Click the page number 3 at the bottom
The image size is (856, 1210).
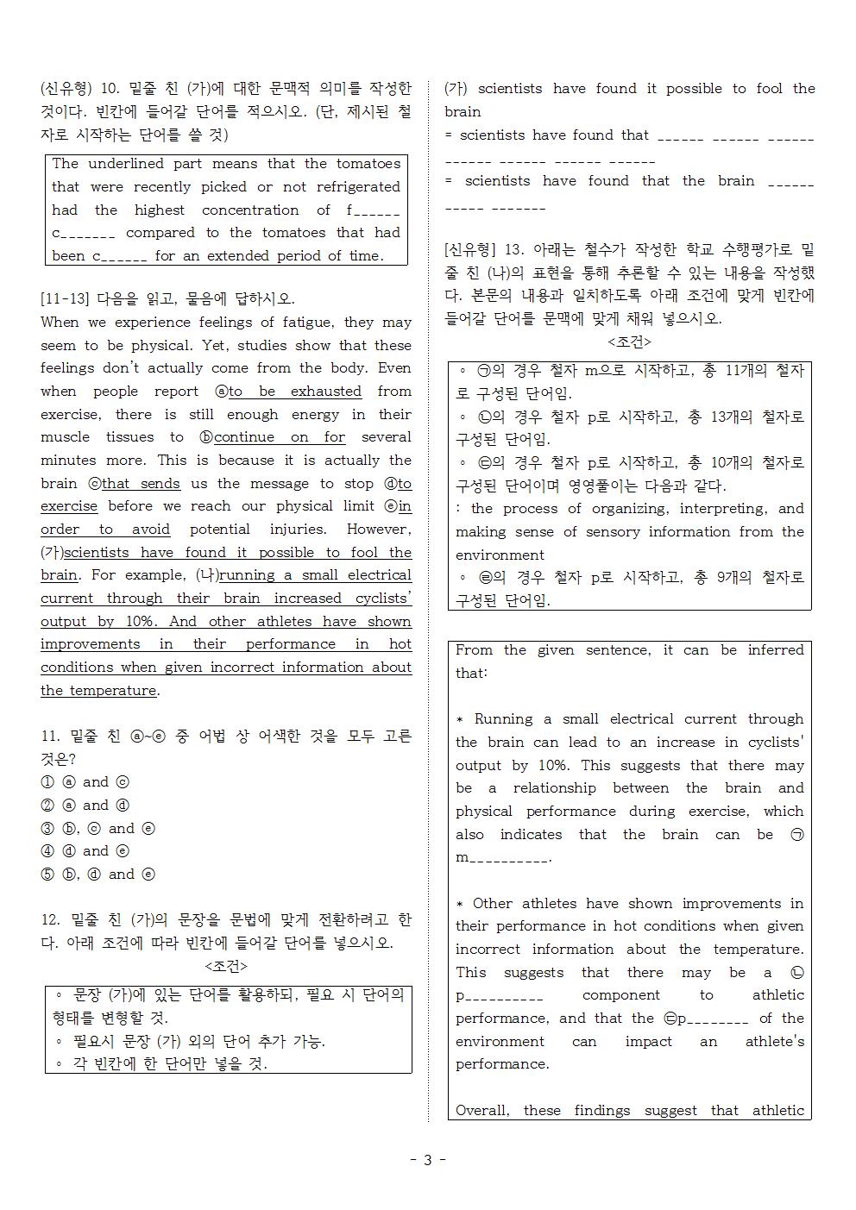(428, 1160)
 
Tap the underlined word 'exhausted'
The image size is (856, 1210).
(325, 392)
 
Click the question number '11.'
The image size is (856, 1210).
(50, 737)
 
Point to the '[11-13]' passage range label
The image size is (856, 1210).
(65, 299)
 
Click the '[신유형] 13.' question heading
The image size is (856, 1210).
(484, 250)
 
